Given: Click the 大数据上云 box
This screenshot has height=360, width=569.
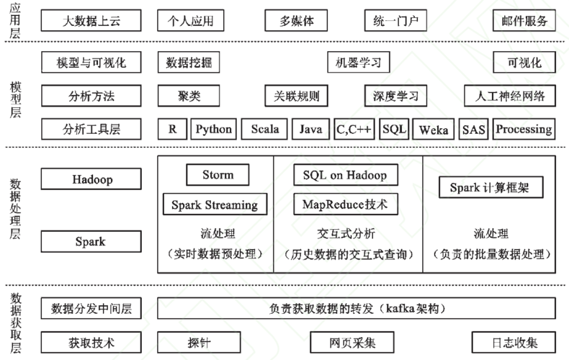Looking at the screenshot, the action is tap(91, 21).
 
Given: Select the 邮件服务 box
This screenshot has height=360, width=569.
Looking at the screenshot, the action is tap(524, 21).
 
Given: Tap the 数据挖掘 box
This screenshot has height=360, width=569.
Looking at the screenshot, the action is tap(189, 63).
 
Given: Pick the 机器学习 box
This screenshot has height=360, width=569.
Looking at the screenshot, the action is tap(359, 63).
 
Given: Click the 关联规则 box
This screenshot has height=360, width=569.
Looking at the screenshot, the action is tap(297, 96).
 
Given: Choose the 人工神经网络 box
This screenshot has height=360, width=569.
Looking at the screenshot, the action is tap(510, 96).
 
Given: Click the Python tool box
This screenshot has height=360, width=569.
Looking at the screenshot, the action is tap(214, 129).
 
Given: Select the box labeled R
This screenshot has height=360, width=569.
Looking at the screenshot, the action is tap(172, 129).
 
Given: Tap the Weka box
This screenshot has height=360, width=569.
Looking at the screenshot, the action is tap(434, 129).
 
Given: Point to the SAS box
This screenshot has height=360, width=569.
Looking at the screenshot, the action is tap(473, 129).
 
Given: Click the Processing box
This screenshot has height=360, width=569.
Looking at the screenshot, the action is tap(524, 129).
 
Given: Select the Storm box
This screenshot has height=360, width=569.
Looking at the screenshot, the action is tap(218, 174).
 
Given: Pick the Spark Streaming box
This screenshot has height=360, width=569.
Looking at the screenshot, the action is tap(215, 204).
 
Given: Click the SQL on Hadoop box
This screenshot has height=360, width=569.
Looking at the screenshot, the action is tap(346, 175).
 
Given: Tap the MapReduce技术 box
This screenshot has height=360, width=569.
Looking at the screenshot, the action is tap(346, 204).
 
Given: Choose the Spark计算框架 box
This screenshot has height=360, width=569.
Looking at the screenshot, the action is tap(491, 187).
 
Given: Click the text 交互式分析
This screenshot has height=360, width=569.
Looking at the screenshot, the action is tap(346, 234).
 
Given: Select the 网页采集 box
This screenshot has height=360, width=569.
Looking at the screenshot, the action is tap(352, 342).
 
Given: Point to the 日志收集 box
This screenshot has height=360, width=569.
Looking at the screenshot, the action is tap(514, 342).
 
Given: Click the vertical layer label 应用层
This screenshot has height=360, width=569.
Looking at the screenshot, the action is tap(15, 20).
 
